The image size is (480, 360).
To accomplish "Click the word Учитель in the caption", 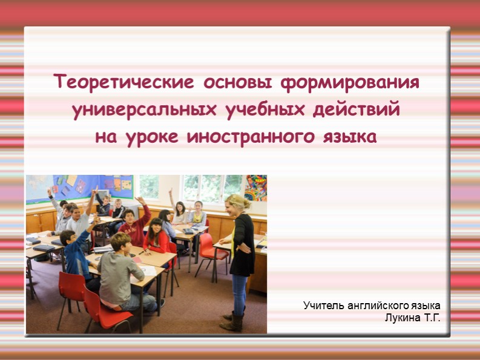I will point(323,306).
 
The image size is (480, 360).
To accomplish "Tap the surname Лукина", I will point(403,317).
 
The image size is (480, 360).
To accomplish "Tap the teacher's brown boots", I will point(233,319).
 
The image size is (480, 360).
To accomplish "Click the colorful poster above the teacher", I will point(255,188).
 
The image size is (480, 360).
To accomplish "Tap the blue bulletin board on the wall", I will point(79,186).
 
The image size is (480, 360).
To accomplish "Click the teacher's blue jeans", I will point(240,290).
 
